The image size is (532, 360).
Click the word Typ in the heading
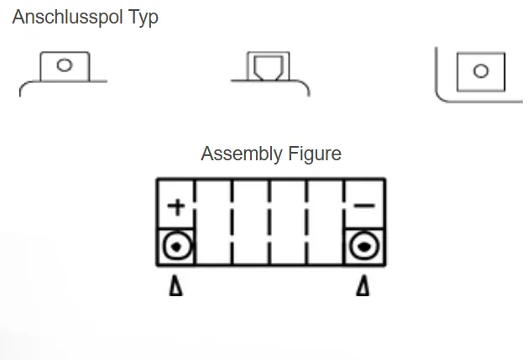(143, 18)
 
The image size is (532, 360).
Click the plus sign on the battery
(176, 206)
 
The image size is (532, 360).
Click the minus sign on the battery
(364, 206)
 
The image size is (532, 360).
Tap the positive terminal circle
(176, 246)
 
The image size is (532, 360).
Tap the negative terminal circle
(364, 246)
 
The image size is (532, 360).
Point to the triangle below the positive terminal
(176, 287)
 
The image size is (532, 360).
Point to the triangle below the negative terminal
(362, 287)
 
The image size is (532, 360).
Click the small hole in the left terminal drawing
(65, 65)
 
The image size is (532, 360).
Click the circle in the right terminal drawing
(480, 71)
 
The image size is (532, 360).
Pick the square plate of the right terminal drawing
(480, 71)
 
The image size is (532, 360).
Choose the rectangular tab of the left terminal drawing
(65, 65)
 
